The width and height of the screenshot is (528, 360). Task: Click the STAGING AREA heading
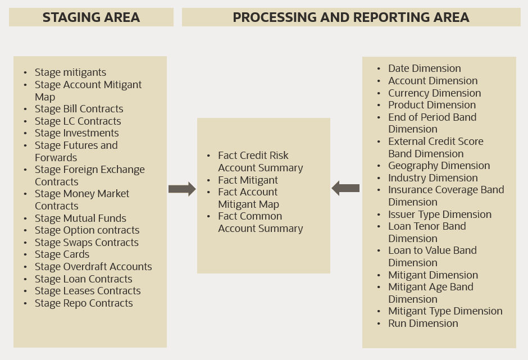(x=91, y=17)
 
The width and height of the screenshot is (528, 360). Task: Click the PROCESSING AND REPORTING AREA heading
(x=351, y=17)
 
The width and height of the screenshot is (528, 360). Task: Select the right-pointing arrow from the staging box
(x=182, y=189)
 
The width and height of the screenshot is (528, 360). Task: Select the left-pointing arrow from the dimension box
(x=345, y=188)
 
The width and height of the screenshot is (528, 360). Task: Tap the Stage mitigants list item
(x=70, y=72)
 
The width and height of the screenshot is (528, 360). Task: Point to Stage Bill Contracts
(x=79, y=109)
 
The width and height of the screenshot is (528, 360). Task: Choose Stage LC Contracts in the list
(x=78, y=121)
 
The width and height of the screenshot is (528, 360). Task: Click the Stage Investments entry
(x=76, y=133)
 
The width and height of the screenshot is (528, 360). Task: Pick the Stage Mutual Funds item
(x=80, y=218)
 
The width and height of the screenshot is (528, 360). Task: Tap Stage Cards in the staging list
(x=62, y=254)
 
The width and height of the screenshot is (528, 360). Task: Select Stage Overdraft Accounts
(x=93, y=267)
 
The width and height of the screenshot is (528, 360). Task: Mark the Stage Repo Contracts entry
(x=84, y=303)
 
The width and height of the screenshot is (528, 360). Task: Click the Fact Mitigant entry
(x=248, y=180)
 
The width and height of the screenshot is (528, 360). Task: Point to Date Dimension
(x=424, y=69)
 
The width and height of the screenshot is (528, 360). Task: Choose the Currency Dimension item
(x=434, y=93)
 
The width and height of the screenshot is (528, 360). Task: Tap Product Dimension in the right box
(x=431, y=105)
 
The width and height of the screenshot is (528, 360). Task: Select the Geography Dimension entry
(x=439, y=166)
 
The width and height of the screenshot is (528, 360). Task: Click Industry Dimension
(x=433, y=178)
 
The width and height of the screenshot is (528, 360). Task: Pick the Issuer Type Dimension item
(x=439, y=215)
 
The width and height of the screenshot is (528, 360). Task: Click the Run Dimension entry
(x=423, y=323)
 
